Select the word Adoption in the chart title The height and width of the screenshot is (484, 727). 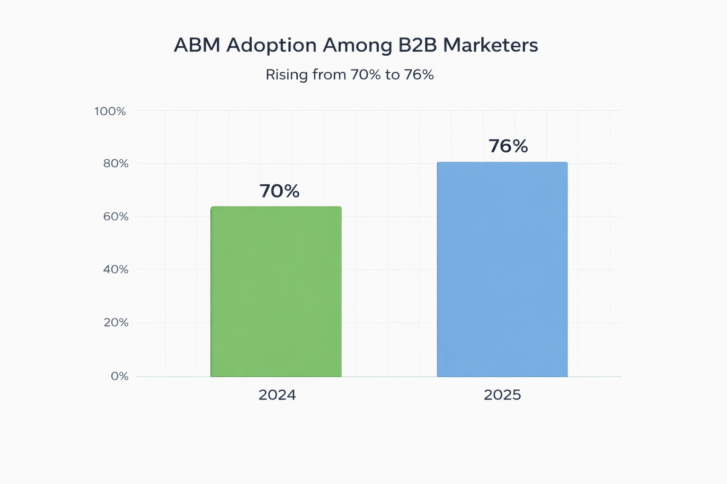point(271,45)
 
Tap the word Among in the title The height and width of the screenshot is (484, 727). point(357,45)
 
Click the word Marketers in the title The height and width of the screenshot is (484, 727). point(490,45)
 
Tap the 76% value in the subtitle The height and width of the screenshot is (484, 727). point(419,75)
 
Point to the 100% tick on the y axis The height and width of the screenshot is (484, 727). point(110,112)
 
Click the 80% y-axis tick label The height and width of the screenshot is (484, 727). point(115,164)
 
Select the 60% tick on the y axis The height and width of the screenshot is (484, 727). point(115,216)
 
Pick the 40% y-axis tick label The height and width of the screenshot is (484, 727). point(115,269)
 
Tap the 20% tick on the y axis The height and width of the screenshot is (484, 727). point(115,323)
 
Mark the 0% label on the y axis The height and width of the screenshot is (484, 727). point(119,376)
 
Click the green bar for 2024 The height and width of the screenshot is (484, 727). point(276,292)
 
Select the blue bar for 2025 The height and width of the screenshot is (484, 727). point(502,269)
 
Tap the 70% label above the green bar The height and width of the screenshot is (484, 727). point(279,191)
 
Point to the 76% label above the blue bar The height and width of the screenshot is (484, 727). point(508,147)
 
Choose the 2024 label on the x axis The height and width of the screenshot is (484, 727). point(277,395)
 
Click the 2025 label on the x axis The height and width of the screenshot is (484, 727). point(502,395)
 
